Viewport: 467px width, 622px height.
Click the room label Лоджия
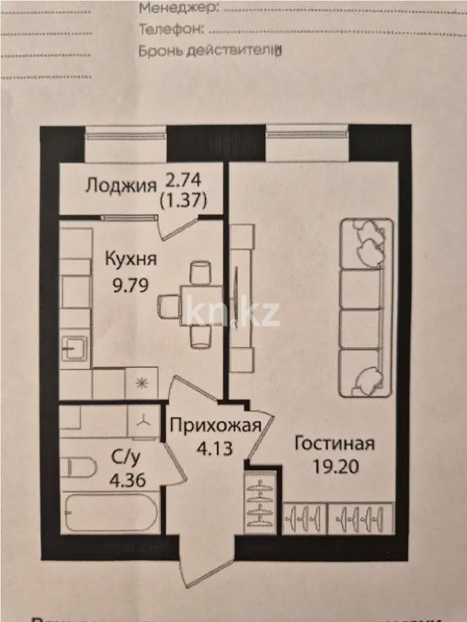[120, 185]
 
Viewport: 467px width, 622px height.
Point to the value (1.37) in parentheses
[183, 200]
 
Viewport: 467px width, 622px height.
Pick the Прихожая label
[215, 425]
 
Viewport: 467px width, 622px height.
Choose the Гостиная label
[335, 443]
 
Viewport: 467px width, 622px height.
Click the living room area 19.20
[335, 466]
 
